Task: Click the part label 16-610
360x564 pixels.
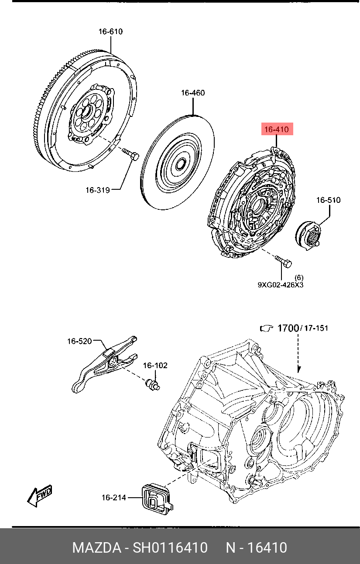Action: [110, 32]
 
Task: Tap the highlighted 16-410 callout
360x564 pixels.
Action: [277, 129]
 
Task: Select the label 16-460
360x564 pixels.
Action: [193, 93]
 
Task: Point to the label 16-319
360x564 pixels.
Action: [98, 190]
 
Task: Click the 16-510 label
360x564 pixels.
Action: [329, 200]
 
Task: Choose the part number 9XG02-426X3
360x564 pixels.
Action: [281, 285]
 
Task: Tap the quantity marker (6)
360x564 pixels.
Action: [299, 278]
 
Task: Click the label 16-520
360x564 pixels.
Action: [79, 342]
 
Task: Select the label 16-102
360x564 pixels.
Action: [155, 366]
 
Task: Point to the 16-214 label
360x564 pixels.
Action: [113, 498]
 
